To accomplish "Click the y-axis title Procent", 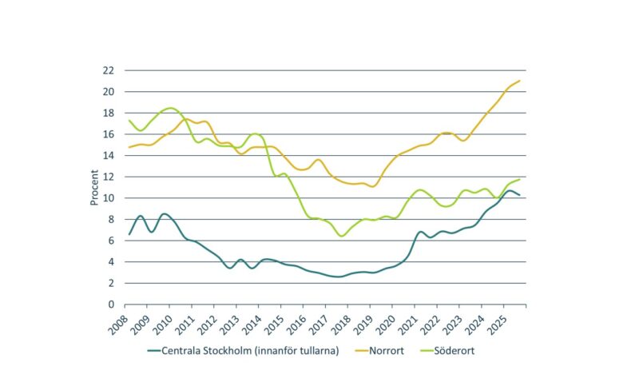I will pyautogui.click(x=93, y=187).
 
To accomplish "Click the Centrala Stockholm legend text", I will pyautogui.click(x=251, y=349).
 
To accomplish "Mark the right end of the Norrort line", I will pyautogui.click(x=520, y=81).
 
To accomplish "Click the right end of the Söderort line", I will pyautogui.click(x=520, y=179).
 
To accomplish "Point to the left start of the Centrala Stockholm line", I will pyautogui.click(x=129, y=234).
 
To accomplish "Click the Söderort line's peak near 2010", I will pyautogui.click(x=169, y=108).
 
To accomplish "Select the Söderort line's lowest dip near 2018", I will pyautogui.click(x=341, y=236).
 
